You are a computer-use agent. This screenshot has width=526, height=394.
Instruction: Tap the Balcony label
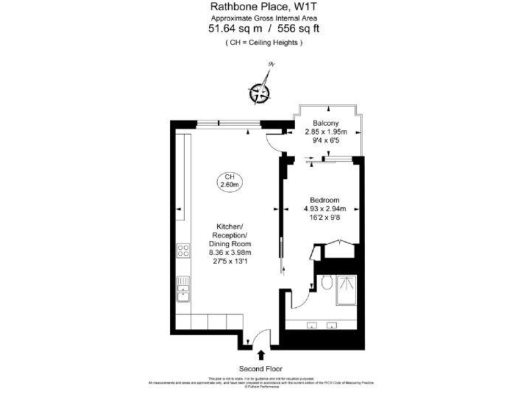point(325,124)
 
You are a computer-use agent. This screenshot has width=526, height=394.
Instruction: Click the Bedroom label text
point(325,200)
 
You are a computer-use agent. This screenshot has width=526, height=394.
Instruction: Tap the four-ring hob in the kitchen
point(183,251)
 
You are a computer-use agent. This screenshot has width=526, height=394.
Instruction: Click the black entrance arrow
point(261,354)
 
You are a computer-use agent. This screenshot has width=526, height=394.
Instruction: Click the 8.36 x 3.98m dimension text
point(230,252)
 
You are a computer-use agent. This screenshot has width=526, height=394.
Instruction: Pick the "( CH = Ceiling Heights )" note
point(263,42)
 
